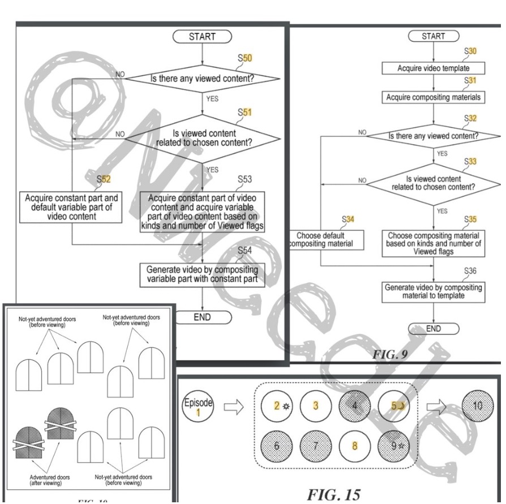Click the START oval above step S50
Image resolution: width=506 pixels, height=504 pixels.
pos(201,36)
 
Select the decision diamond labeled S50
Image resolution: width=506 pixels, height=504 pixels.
pos(202,79)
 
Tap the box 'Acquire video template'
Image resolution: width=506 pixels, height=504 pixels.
pos(433,69)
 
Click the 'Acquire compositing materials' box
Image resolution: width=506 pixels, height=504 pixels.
pos(433,97)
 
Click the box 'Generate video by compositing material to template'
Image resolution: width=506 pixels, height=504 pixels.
pos(434,291)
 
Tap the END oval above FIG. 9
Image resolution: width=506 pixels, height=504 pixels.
pos(433,328)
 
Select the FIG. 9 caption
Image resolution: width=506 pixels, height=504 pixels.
pos(390,354)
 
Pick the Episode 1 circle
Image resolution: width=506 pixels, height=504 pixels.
pos(198,407)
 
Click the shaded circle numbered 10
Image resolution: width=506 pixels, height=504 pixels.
pos(477,406)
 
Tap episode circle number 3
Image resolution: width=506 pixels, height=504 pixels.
pos(316,406)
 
